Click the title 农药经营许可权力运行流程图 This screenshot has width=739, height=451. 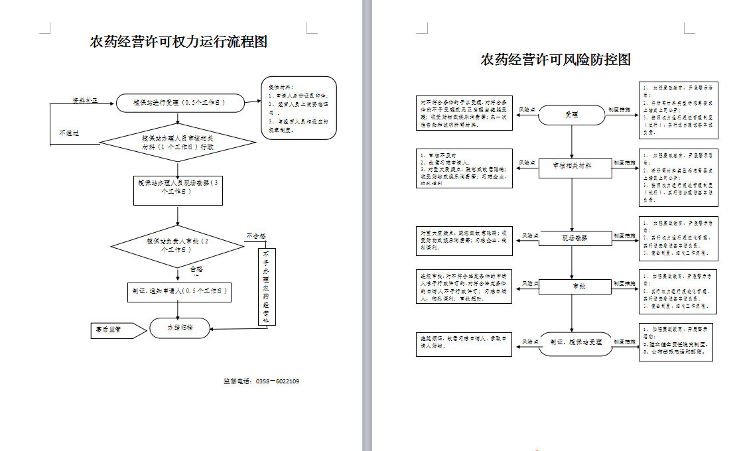pos(178,42)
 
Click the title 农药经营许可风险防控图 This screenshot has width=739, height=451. pos(555,60)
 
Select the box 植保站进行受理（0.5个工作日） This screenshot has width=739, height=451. pos(179,103)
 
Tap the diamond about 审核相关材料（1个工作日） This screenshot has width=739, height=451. pos(178,143)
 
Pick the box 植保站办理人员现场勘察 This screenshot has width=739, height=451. pos(178,190)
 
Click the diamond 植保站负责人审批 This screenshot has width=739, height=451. pos(177,246)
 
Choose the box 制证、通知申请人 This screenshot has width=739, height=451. pos(178,291)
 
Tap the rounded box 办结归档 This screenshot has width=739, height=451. pos(179,328)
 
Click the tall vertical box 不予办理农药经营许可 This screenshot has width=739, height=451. pos(267,287)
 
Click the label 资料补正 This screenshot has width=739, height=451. pos(85,100)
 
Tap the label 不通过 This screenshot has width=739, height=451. pos(68,133)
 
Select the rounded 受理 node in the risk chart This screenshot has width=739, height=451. pos(571,115)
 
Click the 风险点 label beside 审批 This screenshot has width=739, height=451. pos(527,285)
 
